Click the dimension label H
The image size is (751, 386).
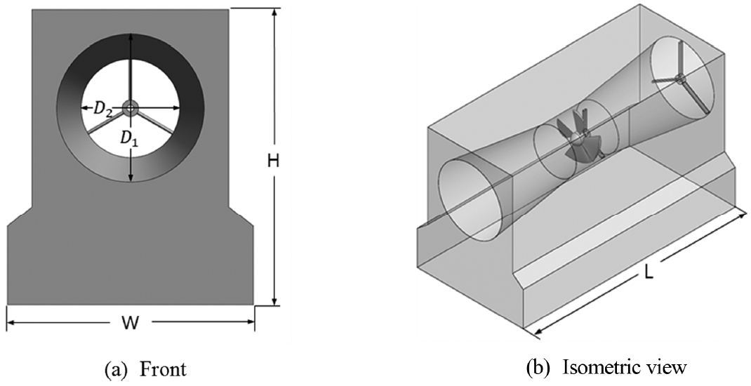[274, 160]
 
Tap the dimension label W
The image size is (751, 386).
[130, 324]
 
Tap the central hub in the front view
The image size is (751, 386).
[131, 107]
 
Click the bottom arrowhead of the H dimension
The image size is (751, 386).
[274, 302]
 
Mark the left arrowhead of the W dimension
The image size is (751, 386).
[10, 324]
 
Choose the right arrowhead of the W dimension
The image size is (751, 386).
[251, 324]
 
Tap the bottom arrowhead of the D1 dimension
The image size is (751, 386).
[131, 180]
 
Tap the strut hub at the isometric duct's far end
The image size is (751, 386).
[679, 77]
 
